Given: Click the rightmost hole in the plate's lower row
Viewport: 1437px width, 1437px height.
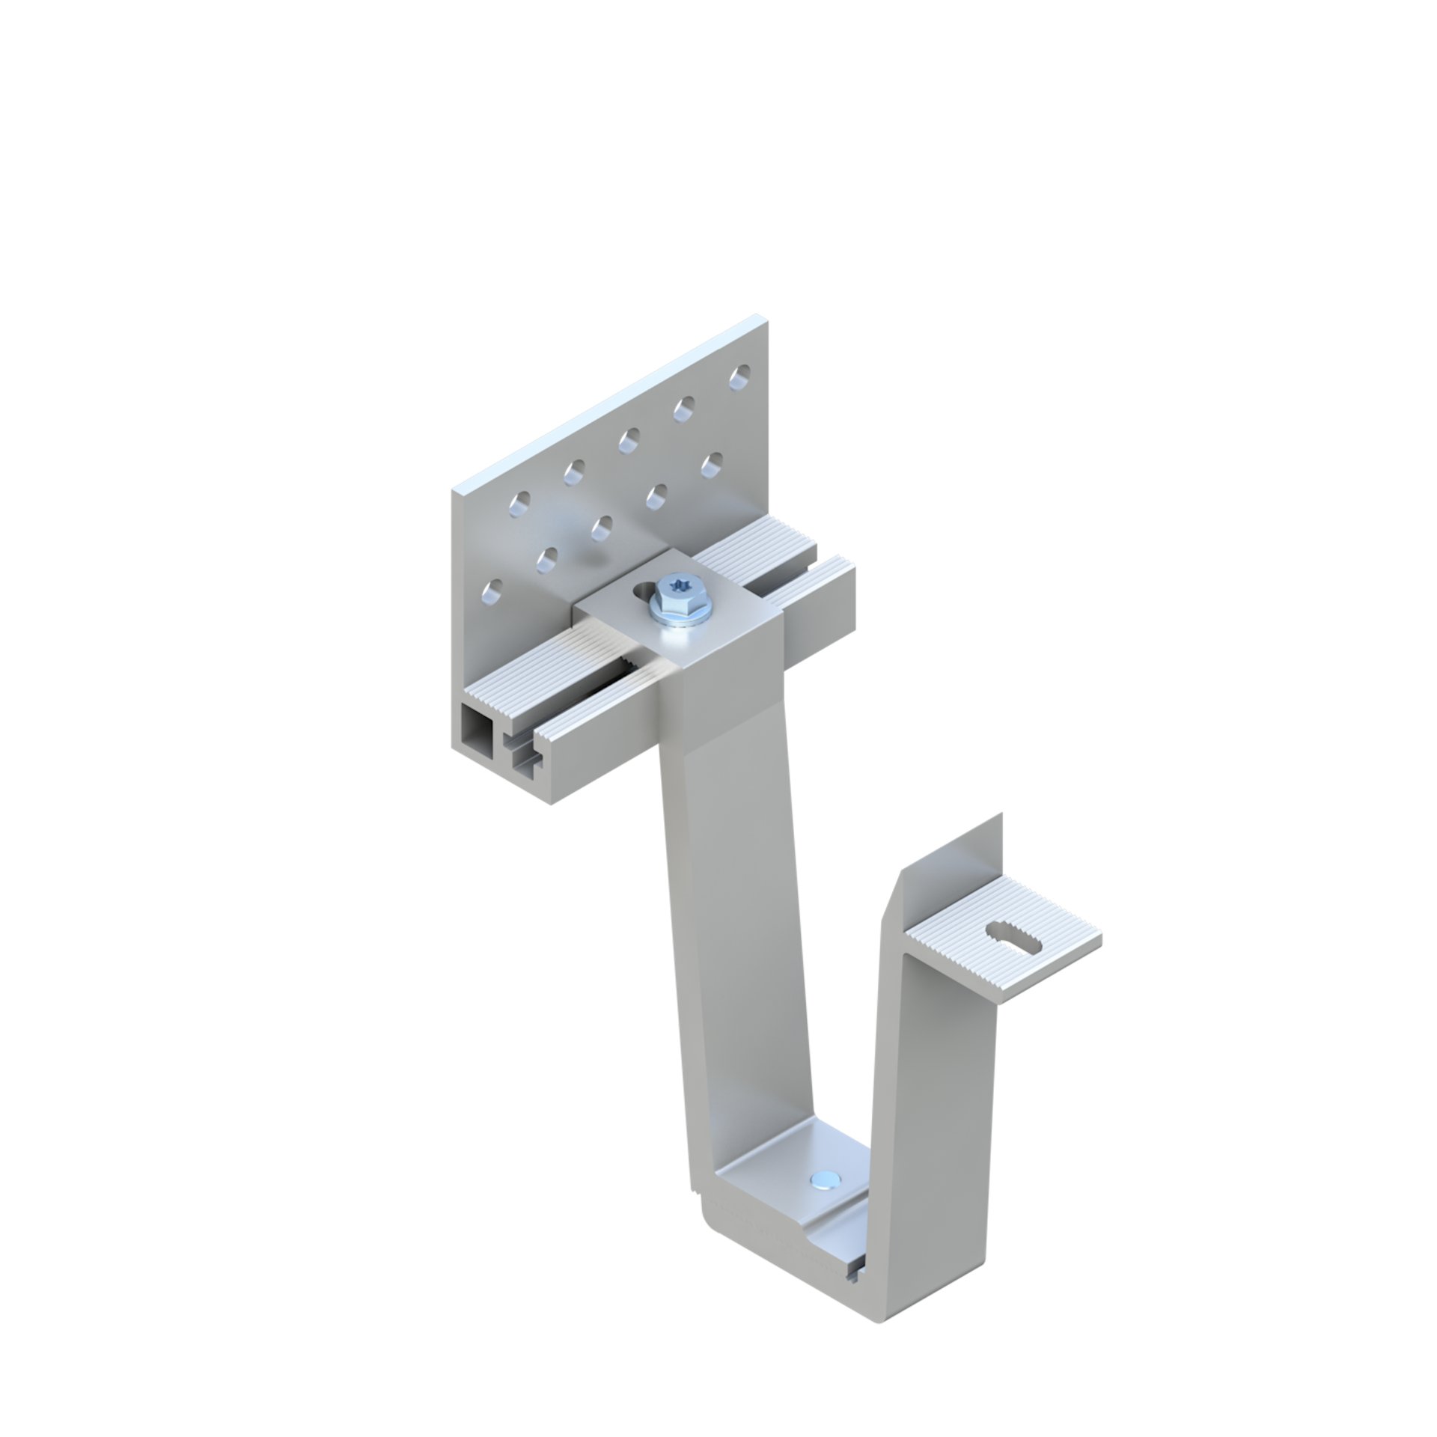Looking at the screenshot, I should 712,462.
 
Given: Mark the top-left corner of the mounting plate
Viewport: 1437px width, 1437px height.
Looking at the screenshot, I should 454,490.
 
